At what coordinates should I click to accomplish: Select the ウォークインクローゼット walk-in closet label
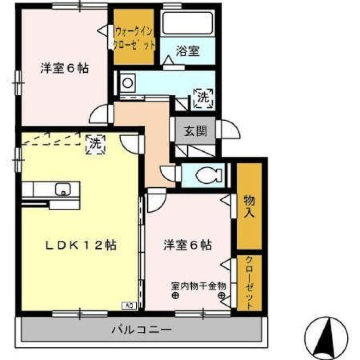pos(134,37)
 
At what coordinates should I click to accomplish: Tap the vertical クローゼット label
pos(249,283)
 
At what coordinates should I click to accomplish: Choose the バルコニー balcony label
pos(142,330)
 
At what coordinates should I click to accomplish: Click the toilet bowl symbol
pos(208,175)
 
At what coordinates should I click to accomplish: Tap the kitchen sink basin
pos(63,190)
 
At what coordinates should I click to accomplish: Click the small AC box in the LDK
pos(128,306)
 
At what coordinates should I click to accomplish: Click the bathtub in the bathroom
pos(187,23)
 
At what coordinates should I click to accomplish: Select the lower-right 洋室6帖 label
pos(187,245)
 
